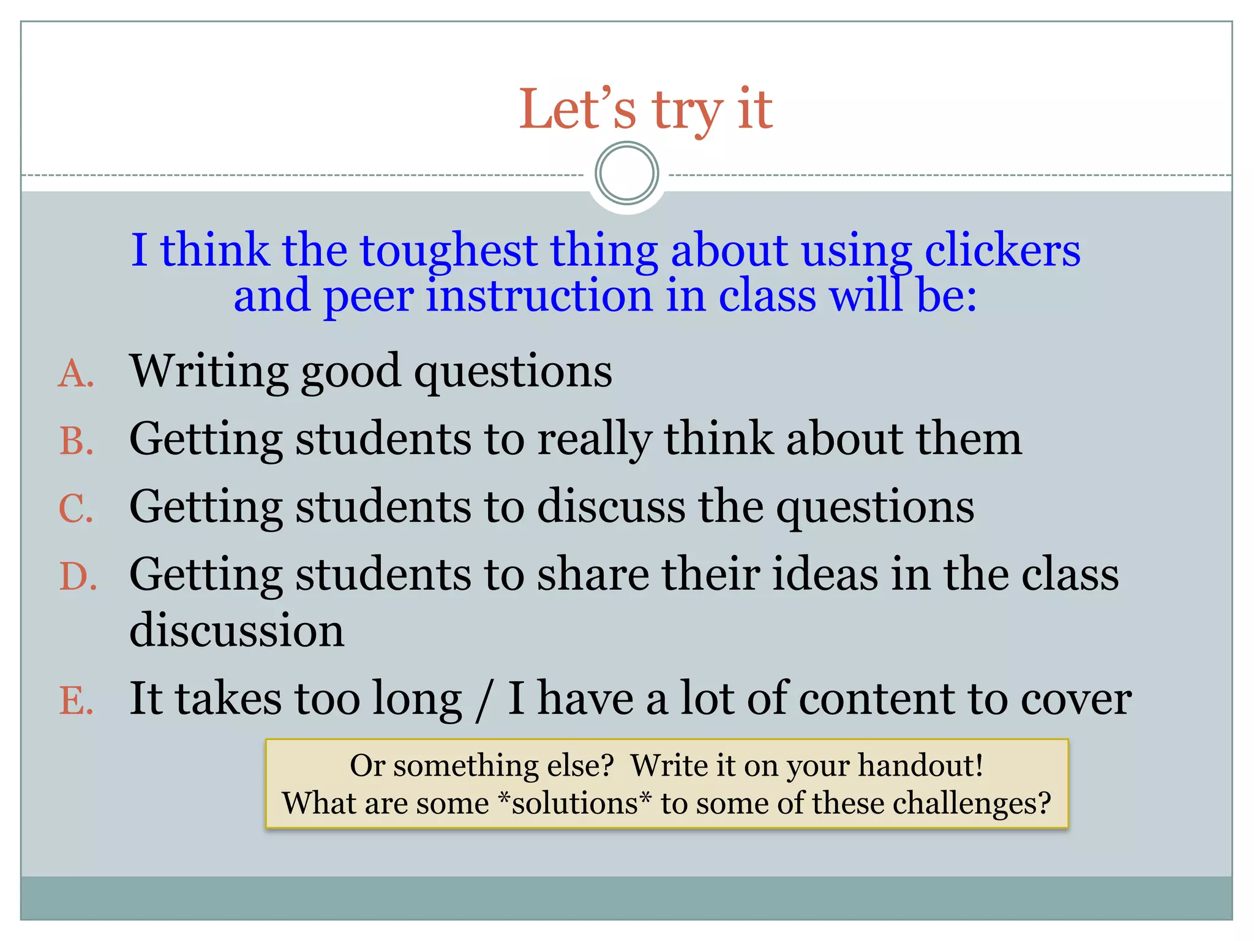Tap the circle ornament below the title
(x=626, y=173)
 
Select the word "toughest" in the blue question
(x=449, y=251)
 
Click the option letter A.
(x=76, y=373)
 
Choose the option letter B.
(x=77, y=441)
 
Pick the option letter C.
(x=76, y=509)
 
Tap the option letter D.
(x=78, y=577)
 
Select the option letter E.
(x=77, y=701)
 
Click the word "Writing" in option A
(x=209, y=372)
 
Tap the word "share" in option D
(x=593, y=575)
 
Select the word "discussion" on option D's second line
(x=237, y=630)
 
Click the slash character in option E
(x=484, y=700)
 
